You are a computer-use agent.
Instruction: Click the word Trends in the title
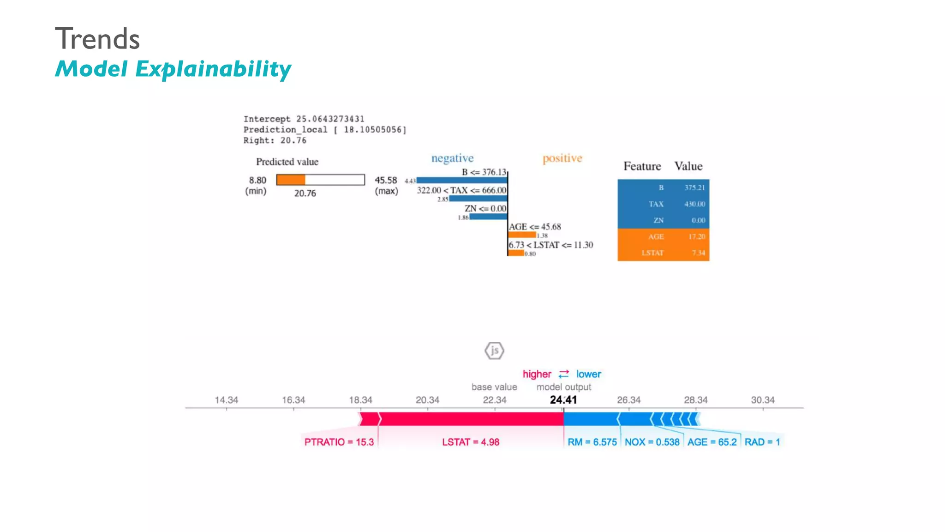(x=97, y=39)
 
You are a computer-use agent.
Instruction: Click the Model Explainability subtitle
(x=173, y=69)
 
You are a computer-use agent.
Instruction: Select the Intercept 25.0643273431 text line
(x=304, y=119)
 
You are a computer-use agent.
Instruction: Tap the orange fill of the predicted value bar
(x=291, y=180)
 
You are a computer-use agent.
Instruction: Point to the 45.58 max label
(x=386, y=180)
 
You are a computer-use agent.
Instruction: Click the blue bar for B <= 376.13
(x=461, y=180)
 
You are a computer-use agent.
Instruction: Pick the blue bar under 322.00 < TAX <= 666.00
(x=478, y=199)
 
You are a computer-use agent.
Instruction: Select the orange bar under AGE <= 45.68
(x=522, y=235)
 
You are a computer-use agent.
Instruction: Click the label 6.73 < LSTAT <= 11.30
(x=550, y=245)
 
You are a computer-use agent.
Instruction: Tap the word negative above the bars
(x=452, y=158)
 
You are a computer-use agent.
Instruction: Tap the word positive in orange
(x=562, y=158)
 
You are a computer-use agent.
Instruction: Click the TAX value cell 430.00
(x=694, y=204)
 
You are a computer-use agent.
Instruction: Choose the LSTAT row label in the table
(x=652, y=253)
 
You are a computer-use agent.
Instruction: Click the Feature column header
(x=642, y=166)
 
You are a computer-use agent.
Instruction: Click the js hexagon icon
(x=494, y=351)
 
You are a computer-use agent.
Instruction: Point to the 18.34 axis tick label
(x=360, y=400)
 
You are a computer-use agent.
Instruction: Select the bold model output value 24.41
(x=563, y=400)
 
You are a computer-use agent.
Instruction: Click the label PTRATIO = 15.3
(x=339, y=442)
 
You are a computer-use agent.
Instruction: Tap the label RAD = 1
(x=762, y=442)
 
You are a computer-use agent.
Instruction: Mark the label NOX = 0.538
(x=652, y=442)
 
